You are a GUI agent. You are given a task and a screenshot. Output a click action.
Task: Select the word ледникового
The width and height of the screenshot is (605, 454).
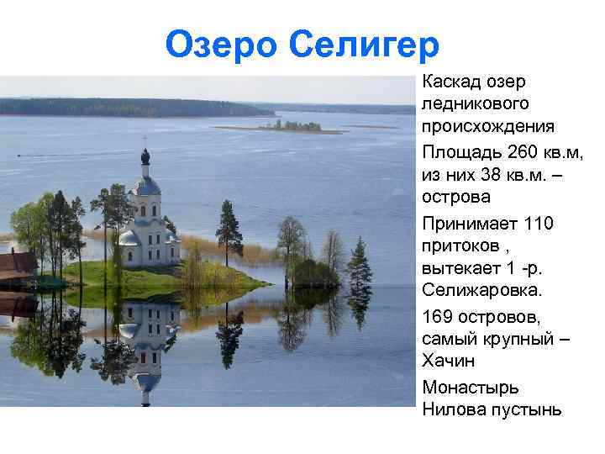(476, 105)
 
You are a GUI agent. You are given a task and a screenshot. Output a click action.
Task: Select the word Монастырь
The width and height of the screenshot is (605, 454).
(471, 388)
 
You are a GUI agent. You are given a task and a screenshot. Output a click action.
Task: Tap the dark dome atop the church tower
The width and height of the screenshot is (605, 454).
(145, 156)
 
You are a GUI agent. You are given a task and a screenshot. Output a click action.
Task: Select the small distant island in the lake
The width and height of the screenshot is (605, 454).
(290, 126)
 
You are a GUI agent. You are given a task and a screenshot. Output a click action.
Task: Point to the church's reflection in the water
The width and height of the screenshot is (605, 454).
(147, 336)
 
